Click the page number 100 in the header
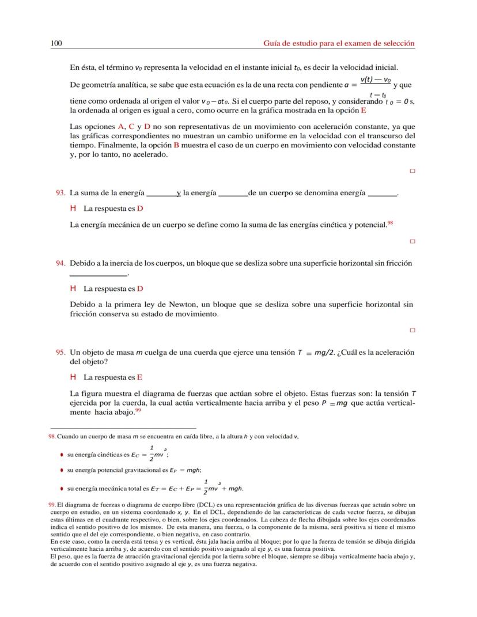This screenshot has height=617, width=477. tap(56, 43)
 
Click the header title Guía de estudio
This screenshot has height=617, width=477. tap(339, 43)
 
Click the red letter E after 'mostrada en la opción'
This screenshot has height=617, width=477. tap(364, 110)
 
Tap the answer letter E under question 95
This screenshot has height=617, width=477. tap(140, 377)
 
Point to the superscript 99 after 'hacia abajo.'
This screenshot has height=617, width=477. tap(138, 410)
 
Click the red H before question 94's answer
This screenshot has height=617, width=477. tap(73, 288)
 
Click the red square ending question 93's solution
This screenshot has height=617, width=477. tap(412, 241)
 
